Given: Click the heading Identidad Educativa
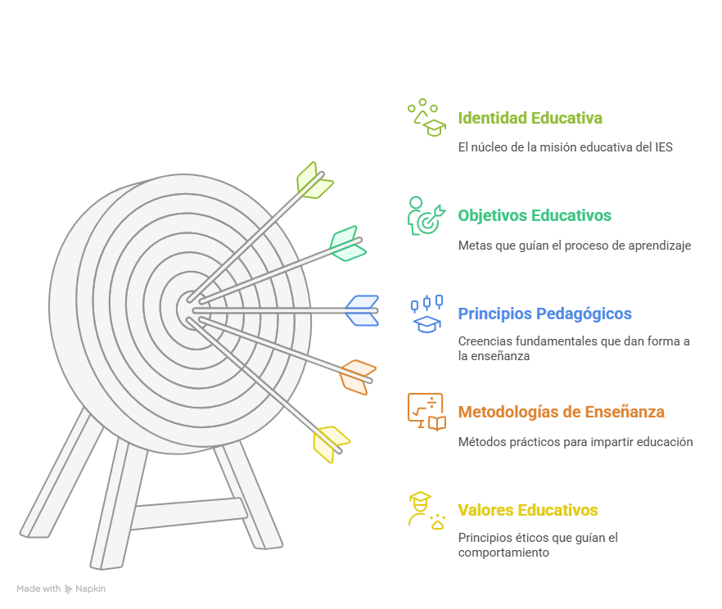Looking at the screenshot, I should point(530,118).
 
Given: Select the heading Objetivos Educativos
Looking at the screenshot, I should point(535,216).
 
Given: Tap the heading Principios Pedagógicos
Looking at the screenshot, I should point(544,314).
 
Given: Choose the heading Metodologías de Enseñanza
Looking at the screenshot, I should point(561,413).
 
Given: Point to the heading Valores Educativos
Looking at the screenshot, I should point(528,511).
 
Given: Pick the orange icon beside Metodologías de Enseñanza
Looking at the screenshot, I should point(426,412).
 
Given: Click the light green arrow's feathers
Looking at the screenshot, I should point(314,181).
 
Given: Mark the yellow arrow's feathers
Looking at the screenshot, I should point(330,443).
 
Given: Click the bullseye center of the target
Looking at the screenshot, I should point(190,308).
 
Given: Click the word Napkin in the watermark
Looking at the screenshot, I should point(92,589).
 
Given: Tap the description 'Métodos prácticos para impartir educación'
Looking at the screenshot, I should point(575,442).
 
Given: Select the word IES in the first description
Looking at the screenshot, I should point(663,147).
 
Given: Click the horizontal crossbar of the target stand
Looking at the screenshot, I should point(187,513).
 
